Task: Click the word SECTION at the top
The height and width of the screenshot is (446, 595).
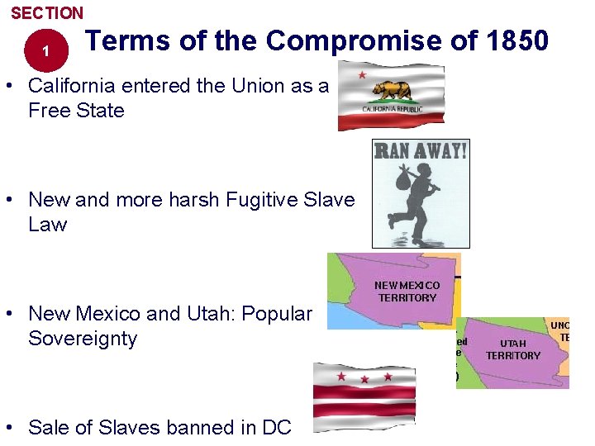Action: click(47, 13)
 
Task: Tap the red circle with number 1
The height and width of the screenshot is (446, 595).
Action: click(46, 51)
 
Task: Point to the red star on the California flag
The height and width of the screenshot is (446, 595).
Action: click(362, 75)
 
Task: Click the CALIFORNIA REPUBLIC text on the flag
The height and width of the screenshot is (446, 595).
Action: click(393, 109)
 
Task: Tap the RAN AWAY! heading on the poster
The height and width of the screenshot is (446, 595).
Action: click(421, 150)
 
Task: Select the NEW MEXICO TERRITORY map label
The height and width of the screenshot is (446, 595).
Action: click(407, 292)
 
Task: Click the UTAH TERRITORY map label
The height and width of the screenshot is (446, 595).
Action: click(512, 349)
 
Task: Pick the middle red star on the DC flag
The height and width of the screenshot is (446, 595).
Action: click(364, 379)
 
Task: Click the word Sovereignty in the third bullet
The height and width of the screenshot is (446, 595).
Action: click(83, 339)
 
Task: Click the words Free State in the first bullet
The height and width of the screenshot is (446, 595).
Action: click(76, 110)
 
